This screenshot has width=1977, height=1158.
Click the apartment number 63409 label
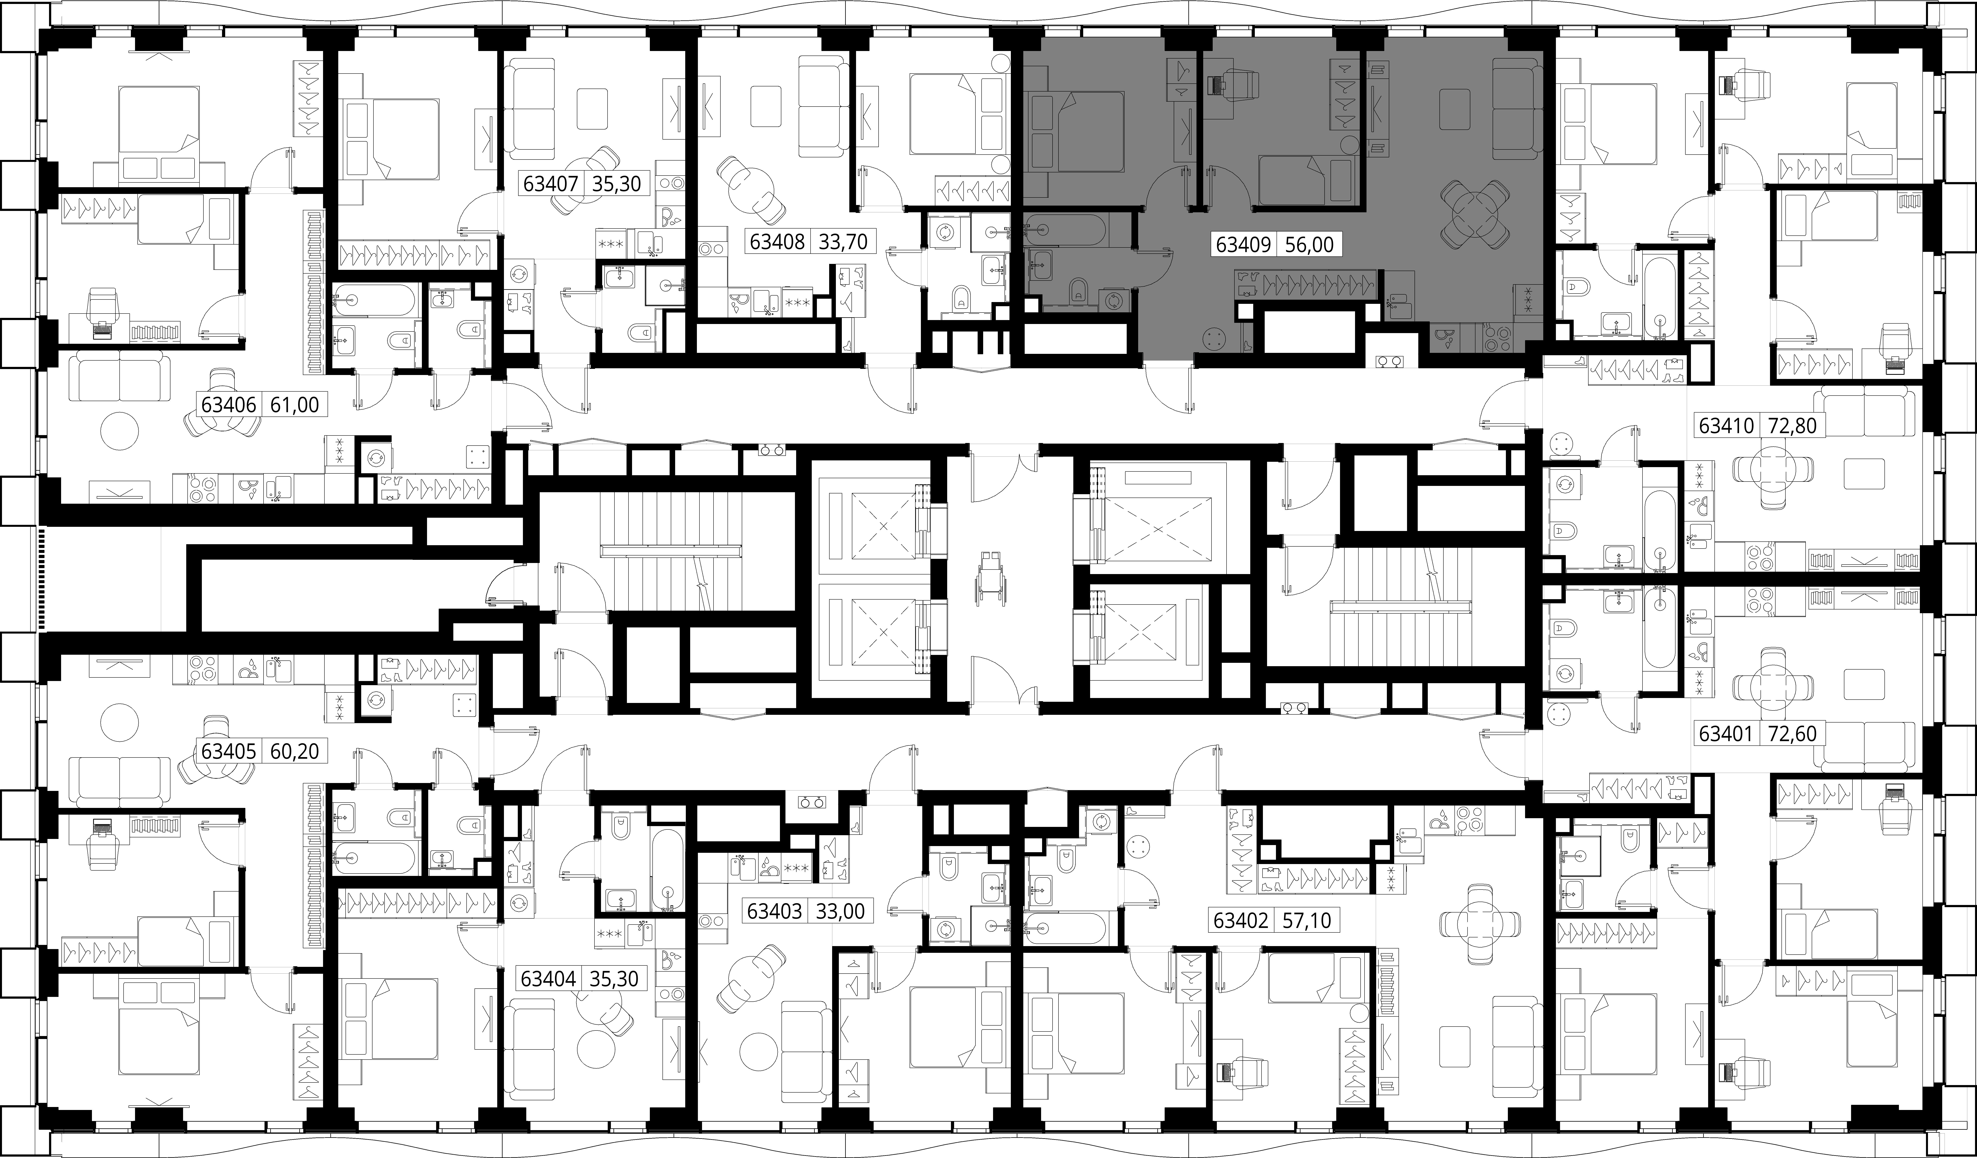tap(1243, 245)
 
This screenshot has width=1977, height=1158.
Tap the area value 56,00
tap(1309, 245)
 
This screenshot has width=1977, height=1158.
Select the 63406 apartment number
tap(229, 405)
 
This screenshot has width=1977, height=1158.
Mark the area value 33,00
tap(840, 911)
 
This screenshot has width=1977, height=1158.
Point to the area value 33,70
tap(843, 242)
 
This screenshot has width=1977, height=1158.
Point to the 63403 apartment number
tap(774, 911)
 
